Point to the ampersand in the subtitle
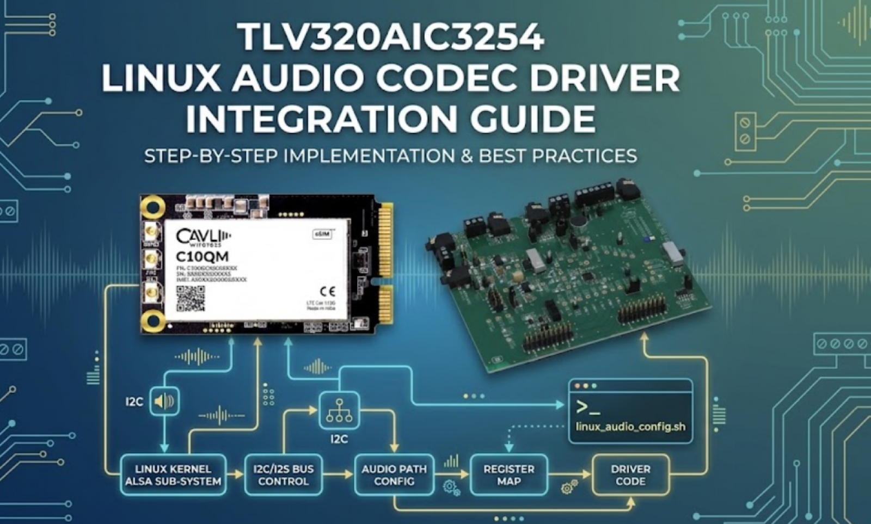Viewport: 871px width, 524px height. [x=466, y=156]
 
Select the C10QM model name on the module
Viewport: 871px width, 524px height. [x=203, y=256]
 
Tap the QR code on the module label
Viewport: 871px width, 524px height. [x=191, y=298]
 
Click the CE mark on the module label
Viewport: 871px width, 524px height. [x=327, y=291]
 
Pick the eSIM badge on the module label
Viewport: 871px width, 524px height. [x=322, y=234]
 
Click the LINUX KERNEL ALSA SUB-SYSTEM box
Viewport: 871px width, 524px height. [x=173, y=475]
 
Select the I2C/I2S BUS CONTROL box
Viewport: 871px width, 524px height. [x=283, y=475]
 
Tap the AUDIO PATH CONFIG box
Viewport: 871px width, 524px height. [x=394, y=475]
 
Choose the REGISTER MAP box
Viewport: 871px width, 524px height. [x=509, y=475]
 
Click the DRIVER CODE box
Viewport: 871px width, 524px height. [x=630, y=475]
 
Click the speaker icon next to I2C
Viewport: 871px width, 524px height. [x=164, y=402]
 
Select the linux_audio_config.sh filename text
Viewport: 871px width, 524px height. [x=630, y=426]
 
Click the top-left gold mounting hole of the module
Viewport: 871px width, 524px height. [x=153, y=207]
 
